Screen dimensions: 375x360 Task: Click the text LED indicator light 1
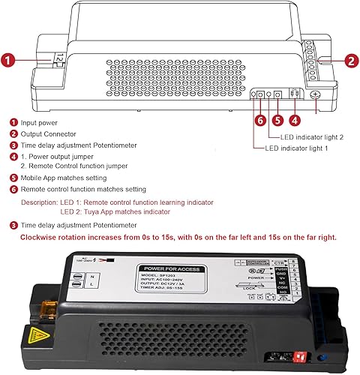[x=297, y=148]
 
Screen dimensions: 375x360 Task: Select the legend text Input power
[x=38, y=122]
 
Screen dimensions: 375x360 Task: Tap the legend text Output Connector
[x=47, y=133]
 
